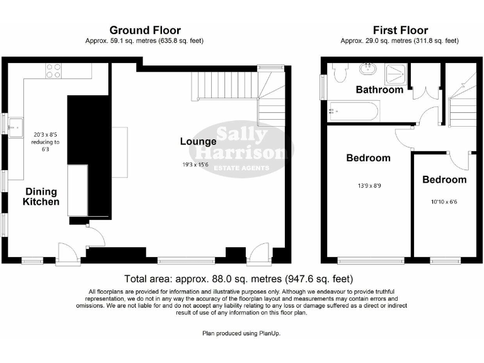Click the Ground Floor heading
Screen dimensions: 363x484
pyautogui.click(x=145, y=30)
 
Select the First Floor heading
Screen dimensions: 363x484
pyautogui.click(x=400, y=30)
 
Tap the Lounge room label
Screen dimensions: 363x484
pyautogui.click(x=198, y=141)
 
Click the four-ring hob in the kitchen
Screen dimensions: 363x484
pyautogui.click(x=54, y=71)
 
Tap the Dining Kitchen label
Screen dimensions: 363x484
pyautogui.click(x=41, y=197)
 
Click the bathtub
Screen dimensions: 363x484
pyautogui.click(x=353, y=111)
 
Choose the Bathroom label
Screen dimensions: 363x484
pyautogui.click(x=379, y=89)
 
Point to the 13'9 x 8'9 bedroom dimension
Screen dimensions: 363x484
pyautogui.click(x=368, y=185)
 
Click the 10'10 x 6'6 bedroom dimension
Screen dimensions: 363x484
pyautogui.click(x=444, y=202)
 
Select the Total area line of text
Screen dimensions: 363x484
pyautogui.click(x=238, y=278)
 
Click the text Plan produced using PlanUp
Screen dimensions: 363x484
pyautogui.click(x=242, y=332)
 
